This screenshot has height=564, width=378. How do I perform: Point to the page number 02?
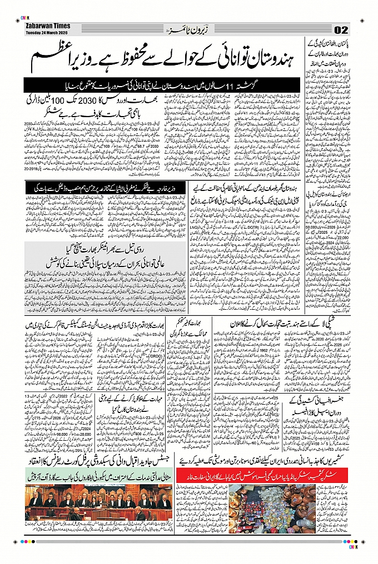(x=341, y=29)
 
